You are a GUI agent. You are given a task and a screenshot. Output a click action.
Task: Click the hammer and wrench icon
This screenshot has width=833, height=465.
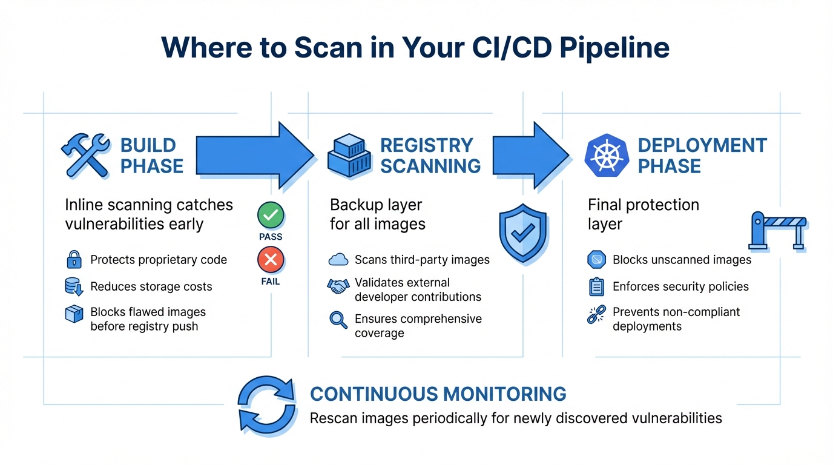point(85,155)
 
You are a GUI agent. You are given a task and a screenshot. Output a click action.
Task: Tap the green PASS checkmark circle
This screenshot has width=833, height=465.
point(271,216)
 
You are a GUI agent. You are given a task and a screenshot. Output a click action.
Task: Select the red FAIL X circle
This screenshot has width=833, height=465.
point(271,260)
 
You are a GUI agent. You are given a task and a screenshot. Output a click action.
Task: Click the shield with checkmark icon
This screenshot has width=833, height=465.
point(522,232)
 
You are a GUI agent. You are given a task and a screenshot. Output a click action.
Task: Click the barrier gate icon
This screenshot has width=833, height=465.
point(778,231)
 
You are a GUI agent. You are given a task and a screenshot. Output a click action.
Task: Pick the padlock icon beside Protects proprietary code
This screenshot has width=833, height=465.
point(74,260)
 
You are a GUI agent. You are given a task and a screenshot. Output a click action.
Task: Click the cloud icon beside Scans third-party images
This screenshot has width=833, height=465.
point(338,260)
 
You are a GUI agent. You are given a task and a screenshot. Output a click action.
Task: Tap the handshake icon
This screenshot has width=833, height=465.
point(338,286)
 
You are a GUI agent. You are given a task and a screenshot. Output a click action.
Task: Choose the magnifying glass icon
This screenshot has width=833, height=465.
point(338,320)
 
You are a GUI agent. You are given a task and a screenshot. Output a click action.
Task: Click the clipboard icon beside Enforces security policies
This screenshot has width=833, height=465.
point(596,286)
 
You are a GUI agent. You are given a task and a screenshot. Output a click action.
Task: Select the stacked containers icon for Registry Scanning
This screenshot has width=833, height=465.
point(349,155)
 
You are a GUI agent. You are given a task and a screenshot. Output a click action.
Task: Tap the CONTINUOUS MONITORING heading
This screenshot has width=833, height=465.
point(438,394)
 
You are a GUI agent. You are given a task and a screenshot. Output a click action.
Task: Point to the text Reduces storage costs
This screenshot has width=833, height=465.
point(151,286)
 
